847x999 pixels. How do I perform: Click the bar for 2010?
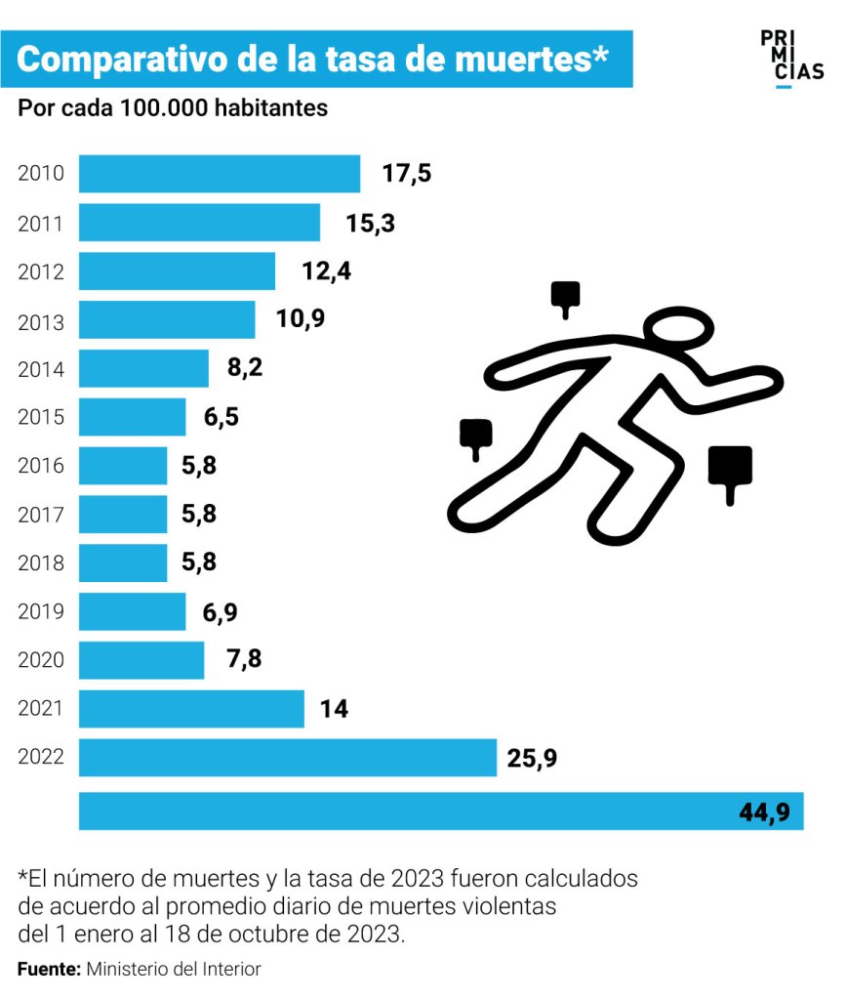(219, 174)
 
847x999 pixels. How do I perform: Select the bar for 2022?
(287, 758)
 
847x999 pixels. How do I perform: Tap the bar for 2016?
(122, 466)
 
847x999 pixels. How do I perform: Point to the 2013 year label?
(41, 321)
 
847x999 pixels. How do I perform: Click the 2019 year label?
(41, 612)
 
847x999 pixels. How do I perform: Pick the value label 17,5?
(406, 175)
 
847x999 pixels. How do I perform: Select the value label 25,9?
(532, 758)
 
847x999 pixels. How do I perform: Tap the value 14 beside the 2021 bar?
(334, 709)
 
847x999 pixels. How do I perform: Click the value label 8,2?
(244, 369)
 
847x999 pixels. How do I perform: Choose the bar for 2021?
(191, 709)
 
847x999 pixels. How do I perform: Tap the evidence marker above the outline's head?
(565, 299)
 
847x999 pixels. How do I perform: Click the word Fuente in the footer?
(49, 969)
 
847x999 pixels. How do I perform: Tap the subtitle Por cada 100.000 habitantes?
(173, 108)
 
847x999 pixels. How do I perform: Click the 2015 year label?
(41, 418)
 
